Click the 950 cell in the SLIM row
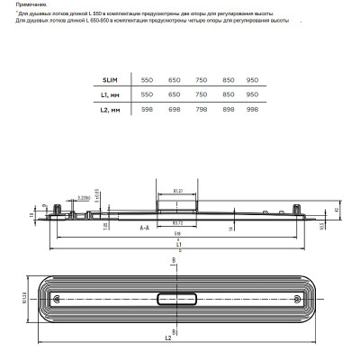click(252, 80)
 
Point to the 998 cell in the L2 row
click(252, 110)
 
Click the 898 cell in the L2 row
click(226, 110)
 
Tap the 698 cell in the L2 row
click(174, 110)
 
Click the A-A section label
click(144, 229)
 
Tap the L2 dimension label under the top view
click(168, 340)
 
